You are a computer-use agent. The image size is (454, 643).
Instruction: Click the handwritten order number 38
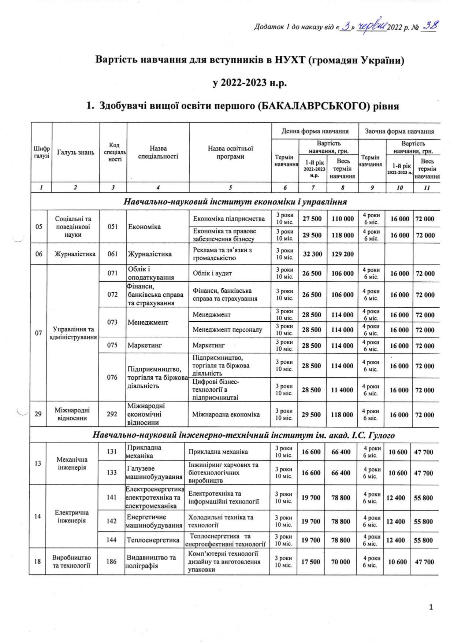click(x=430, y=26)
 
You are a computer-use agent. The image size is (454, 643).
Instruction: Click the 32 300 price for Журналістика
click(x=312, y=254)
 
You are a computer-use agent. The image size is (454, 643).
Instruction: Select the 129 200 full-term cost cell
click(x=342, y=254)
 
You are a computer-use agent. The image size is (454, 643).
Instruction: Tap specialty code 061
click(x=113, y=254)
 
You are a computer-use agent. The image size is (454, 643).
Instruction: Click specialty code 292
click(x=112, y=414)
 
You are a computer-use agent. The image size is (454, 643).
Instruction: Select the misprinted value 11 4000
click(x=342, y=390)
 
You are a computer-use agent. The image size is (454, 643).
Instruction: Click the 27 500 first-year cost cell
click(x=312, y=219)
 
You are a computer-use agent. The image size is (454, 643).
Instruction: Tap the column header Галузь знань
click(x=75, y=152)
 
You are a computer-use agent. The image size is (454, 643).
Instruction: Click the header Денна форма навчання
click(x=315, y=131)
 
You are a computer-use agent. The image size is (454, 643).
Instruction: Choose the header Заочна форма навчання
click(x=399, y=131)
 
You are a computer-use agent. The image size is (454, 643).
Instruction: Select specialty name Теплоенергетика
click(x=153, y=540)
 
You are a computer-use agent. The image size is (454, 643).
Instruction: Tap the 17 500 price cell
click(x=310, y=562)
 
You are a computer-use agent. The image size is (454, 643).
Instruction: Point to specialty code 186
click(x=111, y=561)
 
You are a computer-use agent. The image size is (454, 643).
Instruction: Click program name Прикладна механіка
click(x=218, y=452)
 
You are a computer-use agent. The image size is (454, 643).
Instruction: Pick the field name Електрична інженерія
click(x=72, y=516)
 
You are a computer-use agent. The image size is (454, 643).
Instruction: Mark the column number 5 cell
click(x=230, y=188)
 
